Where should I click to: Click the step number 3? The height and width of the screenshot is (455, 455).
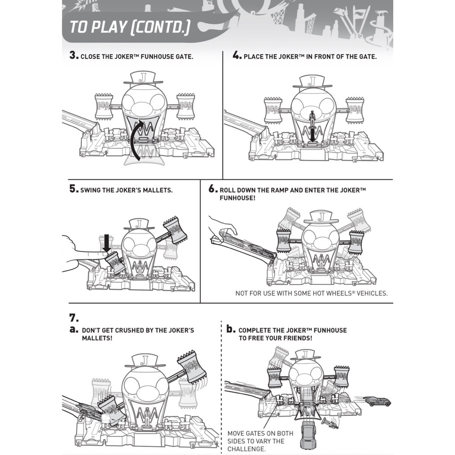(x=73, y=56)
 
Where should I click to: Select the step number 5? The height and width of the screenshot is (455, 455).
(x=73, y=189)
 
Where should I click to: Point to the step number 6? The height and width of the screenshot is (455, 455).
(x=212, y=188)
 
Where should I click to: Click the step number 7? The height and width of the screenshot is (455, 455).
(x=73, y=318)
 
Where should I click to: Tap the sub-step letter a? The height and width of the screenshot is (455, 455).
(x=73, y=330)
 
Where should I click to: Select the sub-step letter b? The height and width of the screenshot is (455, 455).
(x=230, y=329)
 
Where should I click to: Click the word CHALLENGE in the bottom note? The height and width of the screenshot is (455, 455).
(x=246, y=449)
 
